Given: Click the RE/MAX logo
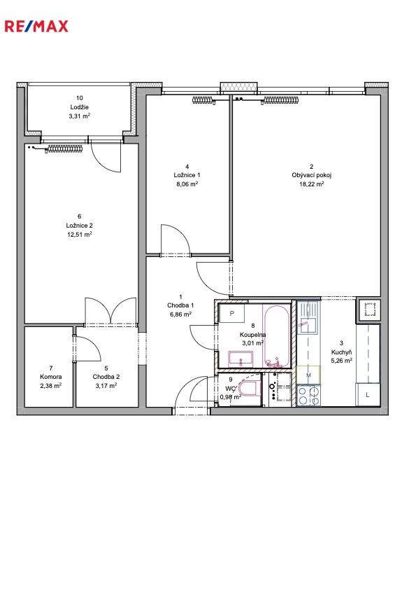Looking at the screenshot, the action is coord(36,27).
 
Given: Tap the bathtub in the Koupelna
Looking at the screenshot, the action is coord(276,335).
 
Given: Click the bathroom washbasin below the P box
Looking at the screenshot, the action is coord(241,359).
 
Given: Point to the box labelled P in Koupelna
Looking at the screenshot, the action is coord(232,313).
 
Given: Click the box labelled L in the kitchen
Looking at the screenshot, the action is coord(368,395).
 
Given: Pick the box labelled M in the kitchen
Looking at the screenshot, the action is coord(309,375).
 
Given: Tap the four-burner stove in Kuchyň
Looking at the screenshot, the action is coord(309,395).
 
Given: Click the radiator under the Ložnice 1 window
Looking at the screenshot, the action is coord(203,100).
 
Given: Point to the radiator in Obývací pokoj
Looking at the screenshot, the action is coord(282,100).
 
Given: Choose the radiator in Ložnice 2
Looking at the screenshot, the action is coord(64,148).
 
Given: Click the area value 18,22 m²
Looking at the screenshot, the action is coord(311,184).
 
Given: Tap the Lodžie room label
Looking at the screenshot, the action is coord(80,107).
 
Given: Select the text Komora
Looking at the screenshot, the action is coord(51,377).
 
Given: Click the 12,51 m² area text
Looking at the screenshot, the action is coord(80,235).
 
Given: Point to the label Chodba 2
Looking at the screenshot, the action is coord(106,377).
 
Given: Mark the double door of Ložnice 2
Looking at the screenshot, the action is coord(110,311).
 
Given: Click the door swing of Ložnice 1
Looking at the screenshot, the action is coord(175,240).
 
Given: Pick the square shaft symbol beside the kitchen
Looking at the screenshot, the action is coord(368,310).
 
